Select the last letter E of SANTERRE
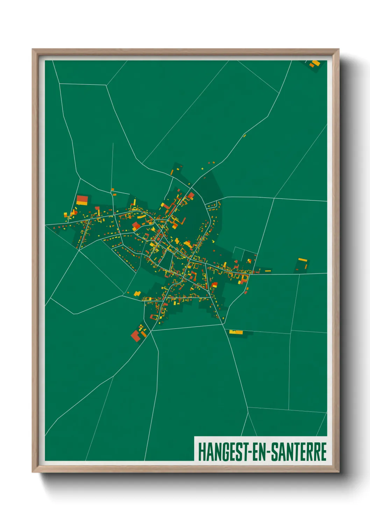click(323, 452)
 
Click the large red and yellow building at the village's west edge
click(82, 200)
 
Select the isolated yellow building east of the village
click(302, 260)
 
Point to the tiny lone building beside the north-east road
click(244, 135)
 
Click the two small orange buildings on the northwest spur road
click(113, 191)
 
